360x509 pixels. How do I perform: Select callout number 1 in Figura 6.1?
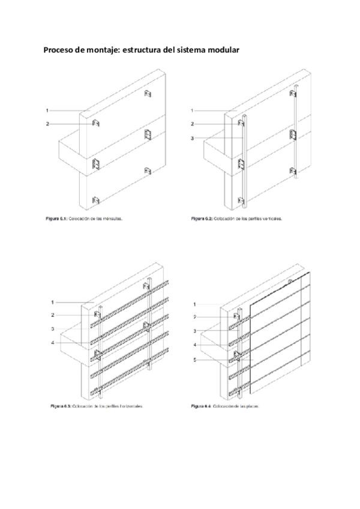tap(46, 110)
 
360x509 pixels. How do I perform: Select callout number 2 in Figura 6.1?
tap(46, 124)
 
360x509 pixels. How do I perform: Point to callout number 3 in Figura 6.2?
tap(192, 139)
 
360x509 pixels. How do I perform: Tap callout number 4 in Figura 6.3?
tap(53, 343)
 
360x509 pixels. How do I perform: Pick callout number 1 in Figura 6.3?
tap(53, 302)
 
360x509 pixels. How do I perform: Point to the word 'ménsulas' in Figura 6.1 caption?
tap(111, 219)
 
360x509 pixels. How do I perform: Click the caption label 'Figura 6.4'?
tap(200, 406)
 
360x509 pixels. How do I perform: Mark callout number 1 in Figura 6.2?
tap(192, 110)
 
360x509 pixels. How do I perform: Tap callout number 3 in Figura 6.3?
tap(53, 329)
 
